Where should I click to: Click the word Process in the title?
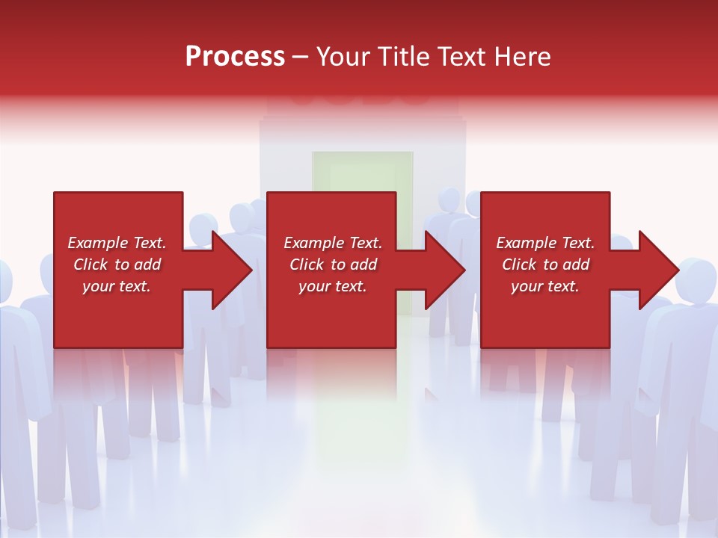[235, 57]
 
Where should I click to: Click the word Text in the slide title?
[464, 57]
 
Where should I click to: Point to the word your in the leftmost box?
[98, 286]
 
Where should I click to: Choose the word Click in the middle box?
[307, 265]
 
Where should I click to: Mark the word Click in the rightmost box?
[519, 265]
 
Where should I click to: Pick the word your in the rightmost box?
[527, 286]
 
